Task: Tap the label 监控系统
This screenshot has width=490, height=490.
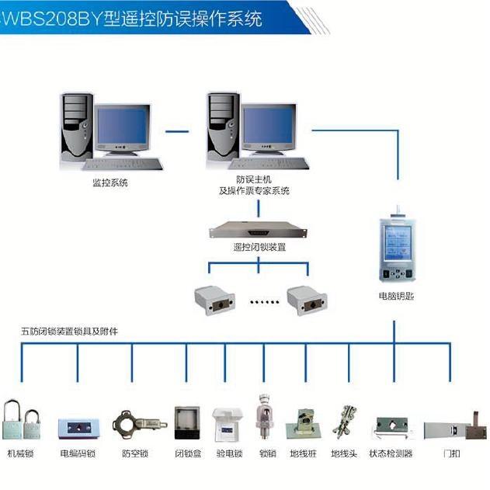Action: pyautogui.click(x=109, y=183)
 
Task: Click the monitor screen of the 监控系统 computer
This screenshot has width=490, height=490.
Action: pyautogui.click(x=121, y=126)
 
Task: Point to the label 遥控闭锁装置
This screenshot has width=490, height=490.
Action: pyautogui.click(x=259, y=248)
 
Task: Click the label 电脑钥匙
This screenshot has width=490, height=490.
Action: pyautogui.click(x=396, y=296)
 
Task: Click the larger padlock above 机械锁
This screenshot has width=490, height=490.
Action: pyautogui.click(x=12, y=419)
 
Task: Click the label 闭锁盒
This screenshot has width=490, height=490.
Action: pyautogui.click(x=188, y=454)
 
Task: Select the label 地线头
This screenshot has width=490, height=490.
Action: pyautogui.click(x=342, y=454)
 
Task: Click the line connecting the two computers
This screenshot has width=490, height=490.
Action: pyautogui.click(x=177, y=131)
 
